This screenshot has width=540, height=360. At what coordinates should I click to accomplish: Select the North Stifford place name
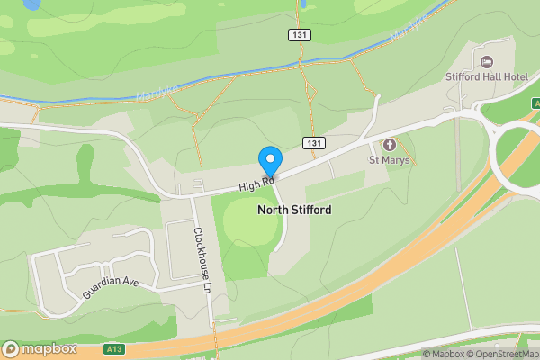click(294, 210)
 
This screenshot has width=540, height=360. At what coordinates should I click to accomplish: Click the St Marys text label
click(390, 160)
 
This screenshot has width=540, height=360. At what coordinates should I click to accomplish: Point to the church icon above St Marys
click(390, 144)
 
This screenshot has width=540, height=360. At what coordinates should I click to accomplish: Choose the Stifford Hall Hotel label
click(487, 76)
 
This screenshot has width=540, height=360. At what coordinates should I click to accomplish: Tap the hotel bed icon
click(487, 61)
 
